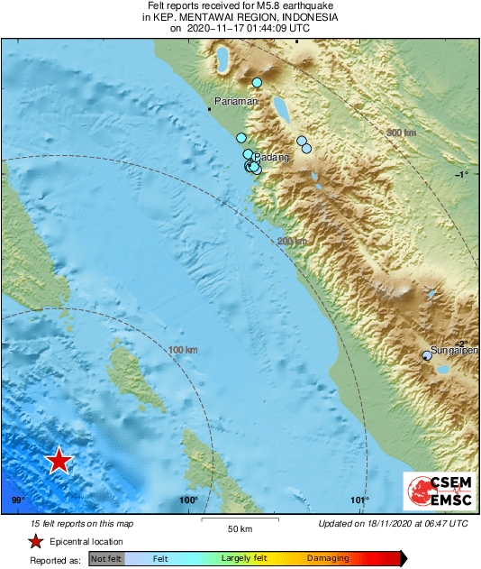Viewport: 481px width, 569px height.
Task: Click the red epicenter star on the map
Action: [59, 461]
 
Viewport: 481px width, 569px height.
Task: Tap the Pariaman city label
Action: [236, 101]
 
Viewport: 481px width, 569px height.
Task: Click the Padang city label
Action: [274, 157]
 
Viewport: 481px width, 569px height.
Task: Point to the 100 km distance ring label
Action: [183, 349]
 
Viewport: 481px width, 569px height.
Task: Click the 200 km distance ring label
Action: [292, 241]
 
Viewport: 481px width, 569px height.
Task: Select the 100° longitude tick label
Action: [188, 500]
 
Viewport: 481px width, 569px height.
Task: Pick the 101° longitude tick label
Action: [359, 500]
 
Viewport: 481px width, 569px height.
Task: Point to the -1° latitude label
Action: [462, 174]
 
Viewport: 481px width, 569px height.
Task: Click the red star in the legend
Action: [35, 541]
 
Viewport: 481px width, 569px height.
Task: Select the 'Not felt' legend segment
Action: [107, 559]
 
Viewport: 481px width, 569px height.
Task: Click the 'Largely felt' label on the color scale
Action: [242, 559]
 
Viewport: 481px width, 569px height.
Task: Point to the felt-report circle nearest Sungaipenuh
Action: [427, 356]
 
